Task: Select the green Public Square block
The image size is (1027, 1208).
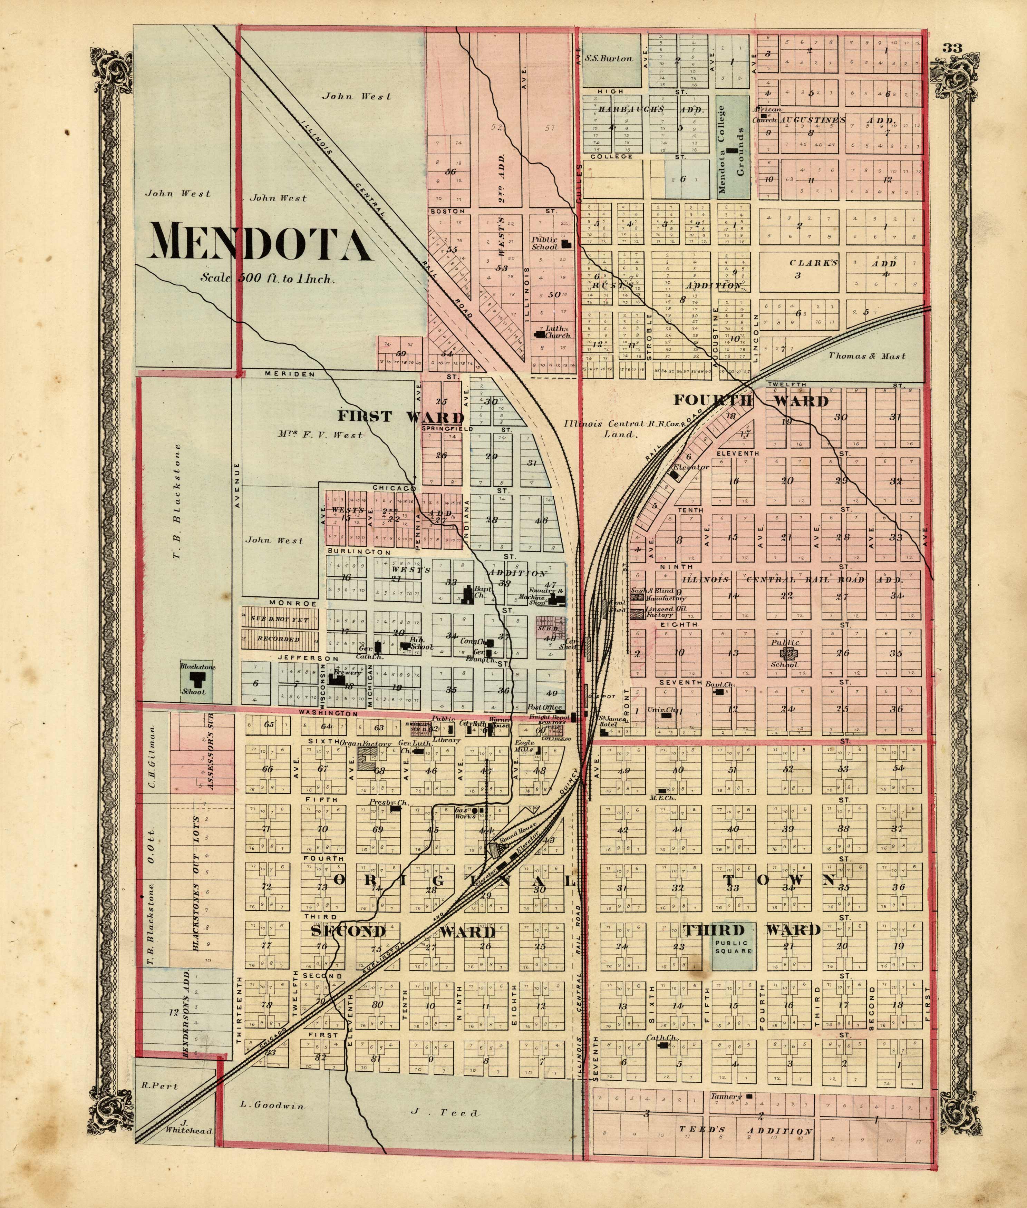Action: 733,947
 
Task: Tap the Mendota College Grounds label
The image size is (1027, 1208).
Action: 731,149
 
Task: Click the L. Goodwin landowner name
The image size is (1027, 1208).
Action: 272,1105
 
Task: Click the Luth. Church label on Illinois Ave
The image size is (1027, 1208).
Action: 558,332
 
